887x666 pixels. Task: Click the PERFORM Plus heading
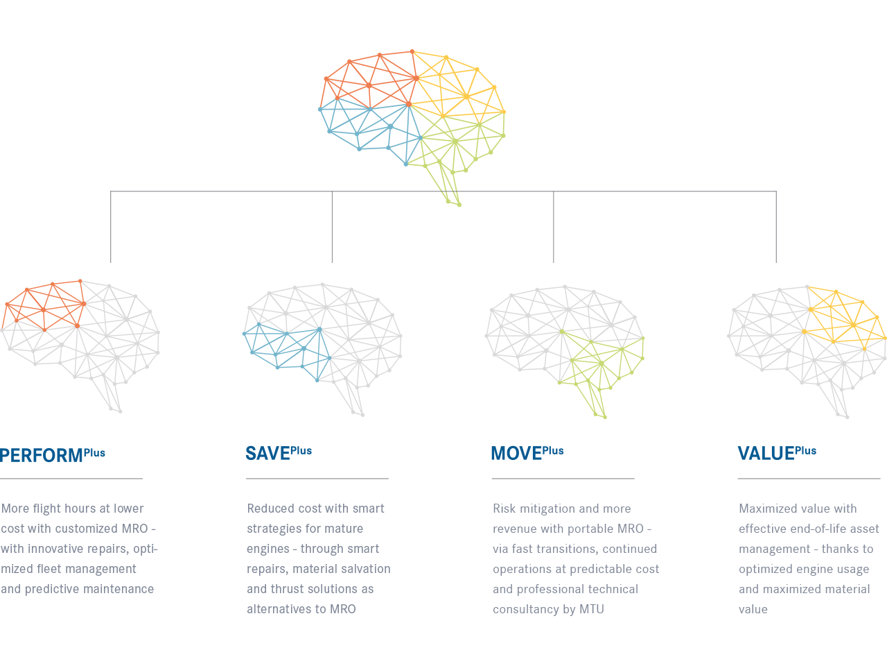53,455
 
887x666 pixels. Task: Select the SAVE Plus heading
279,453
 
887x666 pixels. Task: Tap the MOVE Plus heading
527,453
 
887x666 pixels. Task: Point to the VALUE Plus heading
777,453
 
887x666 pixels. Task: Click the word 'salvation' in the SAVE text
365,569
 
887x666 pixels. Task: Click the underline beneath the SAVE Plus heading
317,479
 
